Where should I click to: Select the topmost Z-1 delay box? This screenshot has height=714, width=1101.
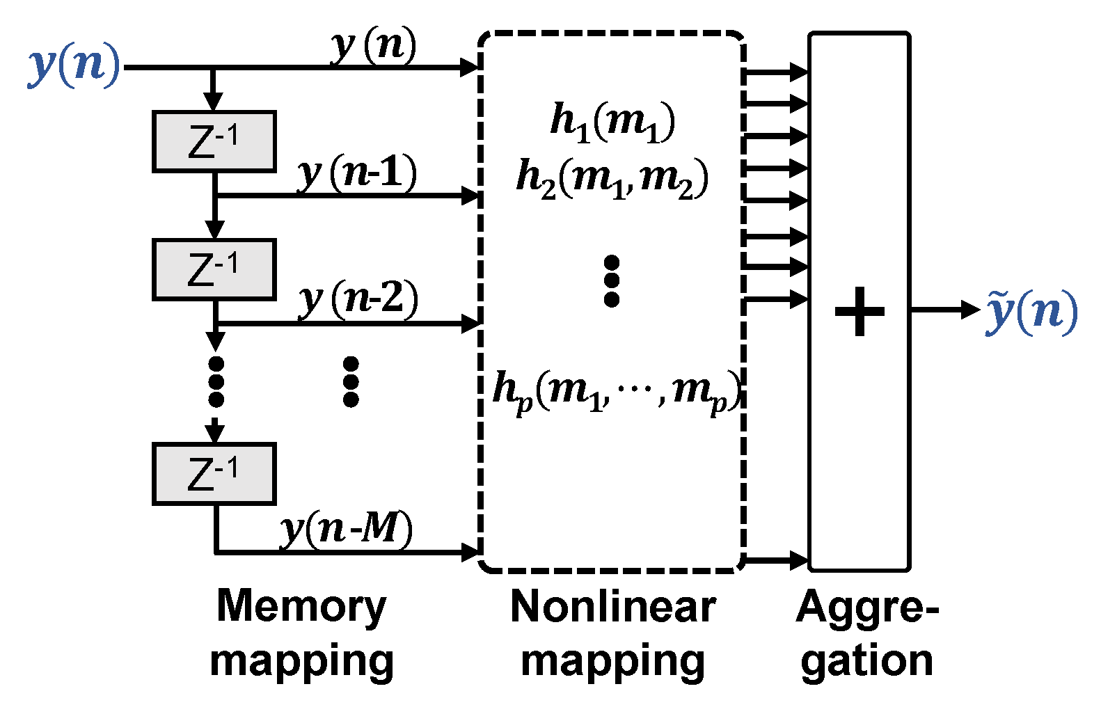pos(214,142)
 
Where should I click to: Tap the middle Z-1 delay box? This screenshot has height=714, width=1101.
pos(214,270)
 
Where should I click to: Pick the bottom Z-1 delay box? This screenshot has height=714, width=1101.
pos(214,474)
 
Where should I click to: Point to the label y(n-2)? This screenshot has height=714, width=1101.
pos(358,299)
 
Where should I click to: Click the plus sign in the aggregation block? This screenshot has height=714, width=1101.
pos(860,311)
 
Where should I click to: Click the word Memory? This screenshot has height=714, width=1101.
pos(301,608)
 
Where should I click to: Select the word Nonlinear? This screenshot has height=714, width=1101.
pos(612,608)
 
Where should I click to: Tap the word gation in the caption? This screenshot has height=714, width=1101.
pos(866,661)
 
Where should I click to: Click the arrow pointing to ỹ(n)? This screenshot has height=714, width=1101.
pos(967,310)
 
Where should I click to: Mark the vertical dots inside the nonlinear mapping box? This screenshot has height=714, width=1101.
pos(612,281)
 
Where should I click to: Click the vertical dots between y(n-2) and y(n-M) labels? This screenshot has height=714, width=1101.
pos(351,381)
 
